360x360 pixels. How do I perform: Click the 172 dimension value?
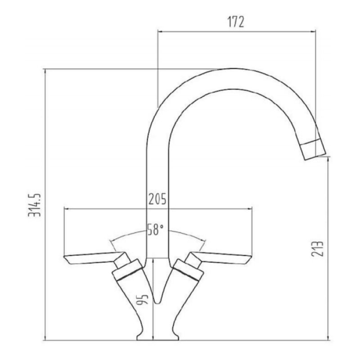point(235,22)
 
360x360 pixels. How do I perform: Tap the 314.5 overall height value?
point(36,205)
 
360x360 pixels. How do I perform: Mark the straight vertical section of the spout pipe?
point(158,180)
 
